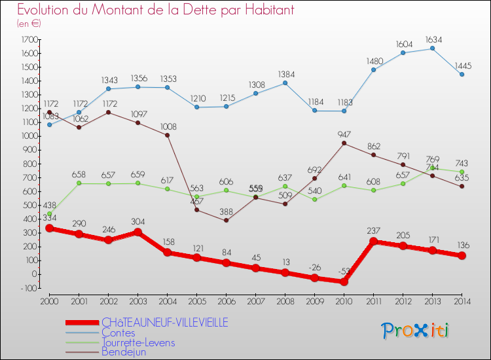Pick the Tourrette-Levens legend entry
point(137,342)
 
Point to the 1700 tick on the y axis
point(29,39)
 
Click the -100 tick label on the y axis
point(27,288)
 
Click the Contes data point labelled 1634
point(433,48)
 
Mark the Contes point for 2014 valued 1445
point(462,75)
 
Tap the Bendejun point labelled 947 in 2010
point(344,143)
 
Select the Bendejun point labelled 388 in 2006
point(227,220)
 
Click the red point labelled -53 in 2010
point(344,281)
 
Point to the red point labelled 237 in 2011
point(374,241)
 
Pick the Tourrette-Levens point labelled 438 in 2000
point(49,213)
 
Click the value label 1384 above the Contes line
point(285,74)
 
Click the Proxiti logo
point(415,330)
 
